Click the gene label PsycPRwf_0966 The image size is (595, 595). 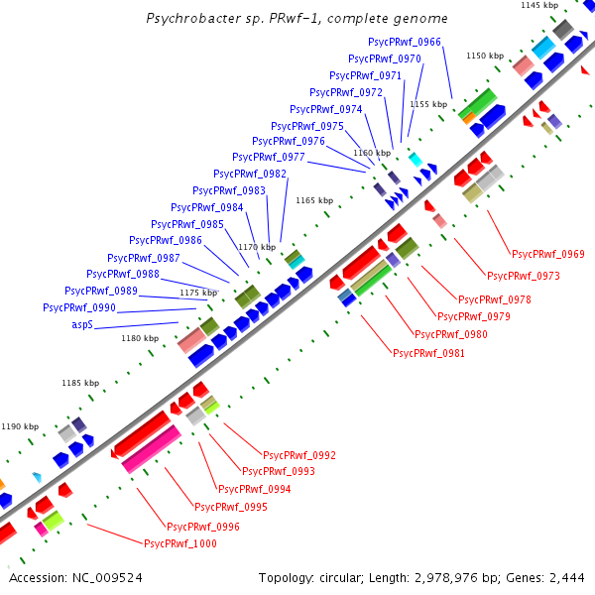tap(405, 43)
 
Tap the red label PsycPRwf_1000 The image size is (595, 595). tap(181, 544)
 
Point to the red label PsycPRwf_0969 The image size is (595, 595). tap(547, 255)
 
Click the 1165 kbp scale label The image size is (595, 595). tap(313, 201)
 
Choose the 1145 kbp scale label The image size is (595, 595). tap(539, 6)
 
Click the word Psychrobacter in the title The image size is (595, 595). tap(187, 19)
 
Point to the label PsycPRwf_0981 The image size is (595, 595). tap(429, 353)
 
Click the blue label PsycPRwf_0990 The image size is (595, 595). tap(80, 308)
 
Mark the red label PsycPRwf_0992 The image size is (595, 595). tap(298, 456)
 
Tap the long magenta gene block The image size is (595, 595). tap(152, 450)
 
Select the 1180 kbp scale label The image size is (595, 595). tap(140, 338)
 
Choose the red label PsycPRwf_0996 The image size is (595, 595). tap(203, 527)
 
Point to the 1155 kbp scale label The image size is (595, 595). tap(428, 104)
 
